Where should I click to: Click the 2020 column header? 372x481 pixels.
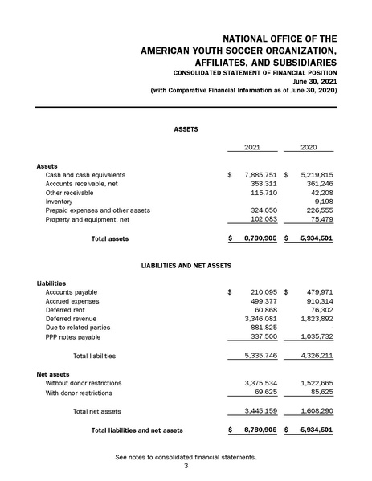tap(310, 148)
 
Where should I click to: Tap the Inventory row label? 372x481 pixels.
tap(59, 202)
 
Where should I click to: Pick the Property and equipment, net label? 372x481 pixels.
tap(86, 219)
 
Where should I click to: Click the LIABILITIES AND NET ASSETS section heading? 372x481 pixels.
tap(186, 264)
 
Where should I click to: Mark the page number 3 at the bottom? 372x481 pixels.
tap(186, 466)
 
